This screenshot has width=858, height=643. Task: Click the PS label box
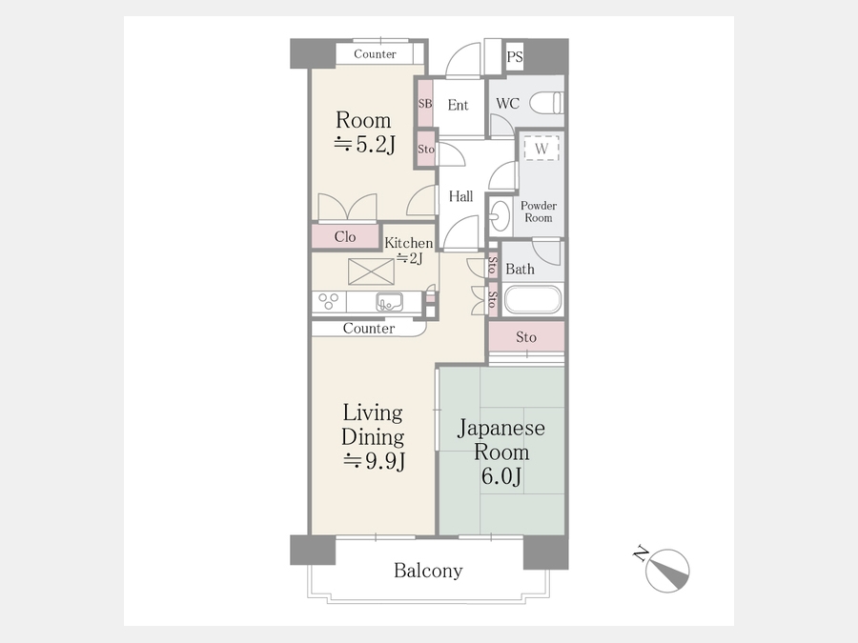tap(515, 56)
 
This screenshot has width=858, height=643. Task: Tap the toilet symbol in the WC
tap(546, 103)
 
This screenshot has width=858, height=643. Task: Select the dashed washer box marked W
tap(541, 149)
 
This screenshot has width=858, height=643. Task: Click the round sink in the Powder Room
tap(500, 216)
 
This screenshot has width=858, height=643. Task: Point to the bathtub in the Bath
tap(532, 299)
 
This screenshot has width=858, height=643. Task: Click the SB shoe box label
tap(425, 103)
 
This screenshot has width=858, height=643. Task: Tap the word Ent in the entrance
tap(458, 105)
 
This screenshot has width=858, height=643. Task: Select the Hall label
tap(460, 196)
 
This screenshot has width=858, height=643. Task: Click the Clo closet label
tap(345, 237)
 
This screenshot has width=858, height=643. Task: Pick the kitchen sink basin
tap(389, 302)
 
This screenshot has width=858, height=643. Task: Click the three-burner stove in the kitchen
tap(329, 302)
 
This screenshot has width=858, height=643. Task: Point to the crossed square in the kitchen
tap(371, 271)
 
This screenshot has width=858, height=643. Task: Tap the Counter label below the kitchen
tap(369, 328)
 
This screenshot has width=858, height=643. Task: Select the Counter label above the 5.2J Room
tap(375, 53)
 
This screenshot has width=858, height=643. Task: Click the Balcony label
tap(428, 571)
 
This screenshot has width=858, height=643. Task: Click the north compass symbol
tap(666, 571)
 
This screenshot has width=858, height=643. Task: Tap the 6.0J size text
tap(501, 476)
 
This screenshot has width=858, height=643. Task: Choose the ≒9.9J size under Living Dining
tap(374, 461)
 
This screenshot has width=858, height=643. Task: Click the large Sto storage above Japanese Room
tap(526, 337)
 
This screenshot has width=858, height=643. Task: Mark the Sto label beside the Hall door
tap(426, 149)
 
